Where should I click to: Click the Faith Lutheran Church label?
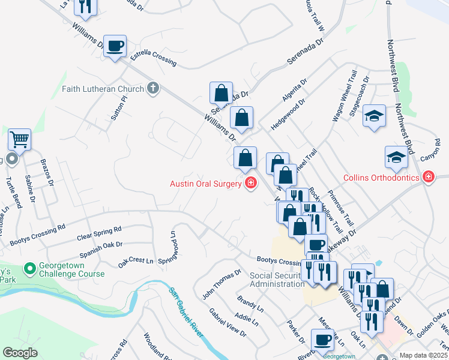[103, 89]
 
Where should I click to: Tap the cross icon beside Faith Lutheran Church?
[152, 89]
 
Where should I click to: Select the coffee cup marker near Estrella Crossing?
[115, 46]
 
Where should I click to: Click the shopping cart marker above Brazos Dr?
[19, 140]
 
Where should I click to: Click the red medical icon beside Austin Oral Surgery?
[250, 183]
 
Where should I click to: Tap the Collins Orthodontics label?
[381, 178]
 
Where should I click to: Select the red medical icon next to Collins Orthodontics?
[428, 176]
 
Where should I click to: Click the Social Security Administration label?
[277, 280]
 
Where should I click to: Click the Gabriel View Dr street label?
[228, 323]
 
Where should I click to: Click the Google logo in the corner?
[20, 352]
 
